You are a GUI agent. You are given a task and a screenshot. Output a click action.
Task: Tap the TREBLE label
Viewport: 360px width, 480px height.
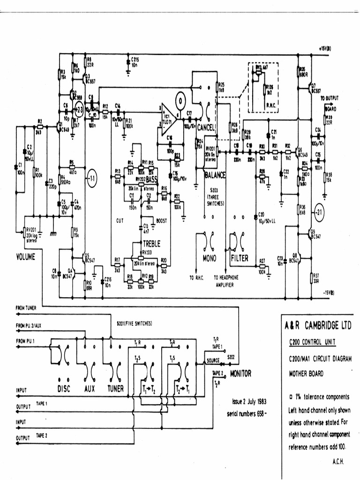(x=151, y=244)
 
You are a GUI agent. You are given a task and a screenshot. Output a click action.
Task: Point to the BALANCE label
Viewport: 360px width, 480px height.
(x=216, y=175)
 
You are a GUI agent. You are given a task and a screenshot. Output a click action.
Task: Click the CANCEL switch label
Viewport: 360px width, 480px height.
(x=206, y=127)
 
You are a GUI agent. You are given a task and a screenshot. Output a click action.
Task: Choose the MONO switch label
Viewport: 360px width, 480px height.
(x=210, y=258)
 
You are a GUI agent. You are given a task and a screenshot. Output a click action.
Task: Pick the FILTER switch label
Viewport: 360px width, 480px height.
(x=239, y=258)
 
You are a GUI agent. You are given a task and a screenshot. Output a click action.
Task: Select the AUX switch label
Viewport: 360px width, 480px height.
(x=90, y=388)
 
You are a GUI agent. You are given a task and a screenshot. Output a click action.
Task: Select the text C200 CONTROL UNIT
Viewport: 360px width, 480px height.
(x=311, y=342)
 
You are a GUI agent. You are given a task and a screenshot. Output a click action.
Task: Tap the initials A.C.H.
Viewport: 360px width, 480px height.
(x=338, y=461)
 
